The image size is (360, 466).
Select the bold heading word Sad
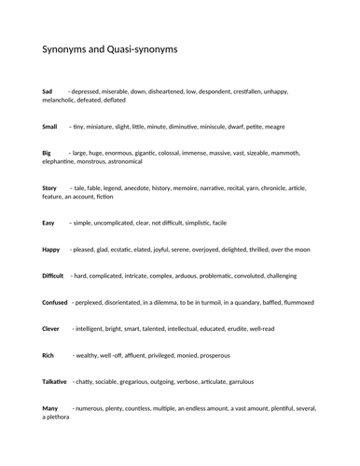click(48, 91)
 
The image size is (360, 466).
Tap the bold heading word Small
click(50, 126)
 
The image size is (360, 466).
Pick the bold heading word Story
click(50, 188)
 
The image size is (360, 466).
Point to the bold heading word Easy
click(49, 224)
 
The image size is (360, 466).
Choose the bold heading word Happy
click(51, 250)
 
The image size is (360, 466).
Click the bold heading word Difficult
click(53, 277)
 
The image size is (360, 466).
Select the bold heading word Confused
click(55, 303)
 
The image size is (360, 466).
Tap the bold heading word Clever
click(51, 329)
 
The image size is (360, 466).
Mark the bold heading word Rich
click(49, 355)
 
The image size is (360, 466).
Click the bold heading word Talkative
click(55, 382)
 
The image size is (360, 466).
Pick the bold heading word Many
click(50, 408)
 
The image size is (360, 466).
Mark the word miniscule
click(214, 126)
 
